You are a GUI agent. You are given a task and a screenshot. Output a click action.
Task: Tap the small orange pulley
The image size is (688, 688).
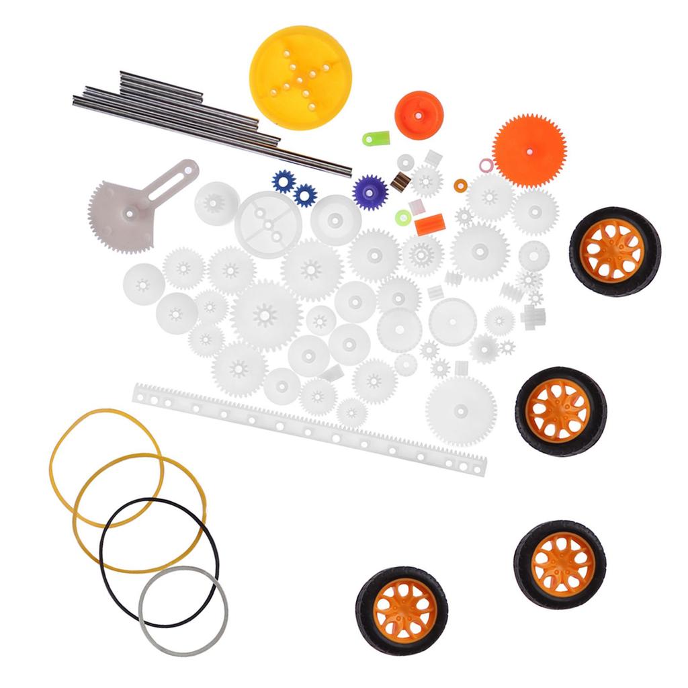[419, 115]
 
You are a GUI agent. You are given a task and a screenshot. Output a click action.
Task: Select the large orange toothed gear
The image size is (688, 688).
[529, 150]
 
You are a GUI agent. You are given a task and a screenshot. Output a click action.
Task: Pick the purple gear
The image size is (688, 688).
[370, 191]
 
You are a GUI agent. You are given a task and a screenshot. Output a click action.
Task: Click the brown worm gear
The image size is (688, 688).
[400, 182]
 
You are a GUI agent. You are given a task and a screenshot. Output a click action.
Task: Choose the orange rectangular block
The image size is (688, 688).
[429, 224]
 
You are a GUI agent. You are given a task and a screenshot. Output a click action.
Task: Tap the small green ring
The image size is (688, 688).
[403, 217]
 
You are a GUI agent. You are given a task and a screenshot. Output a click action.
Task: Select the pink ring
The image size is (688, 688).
[486, 165]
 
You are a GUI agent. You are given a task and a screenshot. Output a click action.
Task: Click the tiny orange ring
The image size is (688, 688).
[461, 185]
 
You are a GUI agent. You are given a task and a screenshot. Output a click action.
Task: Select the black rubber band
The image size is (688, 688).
[159, 563]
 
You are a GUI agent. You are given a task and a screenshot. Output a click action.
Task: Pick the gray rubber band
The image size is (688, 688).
[183, 611]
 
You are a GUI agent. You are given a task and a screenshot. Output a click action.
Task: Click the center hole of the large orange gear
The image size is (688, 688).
[529, 150]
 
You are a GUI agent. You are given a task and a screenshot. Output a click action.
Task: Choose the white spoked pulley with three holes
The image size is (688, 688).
[267, 224]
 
